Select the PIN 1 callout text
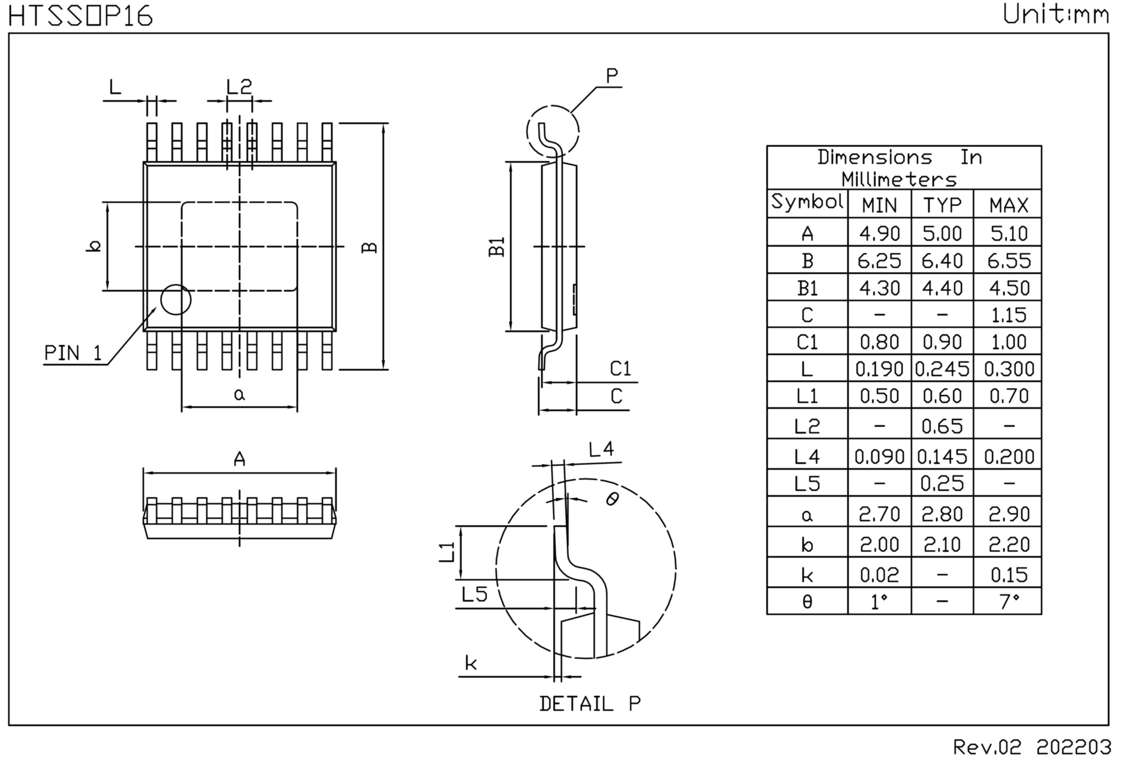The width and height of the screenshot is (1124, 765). point(73,353)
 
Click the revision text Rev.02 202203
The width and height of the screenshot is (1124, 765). point(1032,747)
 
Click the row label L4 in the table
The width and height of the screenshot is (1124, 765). point(807,456)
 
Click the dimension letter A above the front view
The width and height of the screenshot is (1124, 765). point(239,459)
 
